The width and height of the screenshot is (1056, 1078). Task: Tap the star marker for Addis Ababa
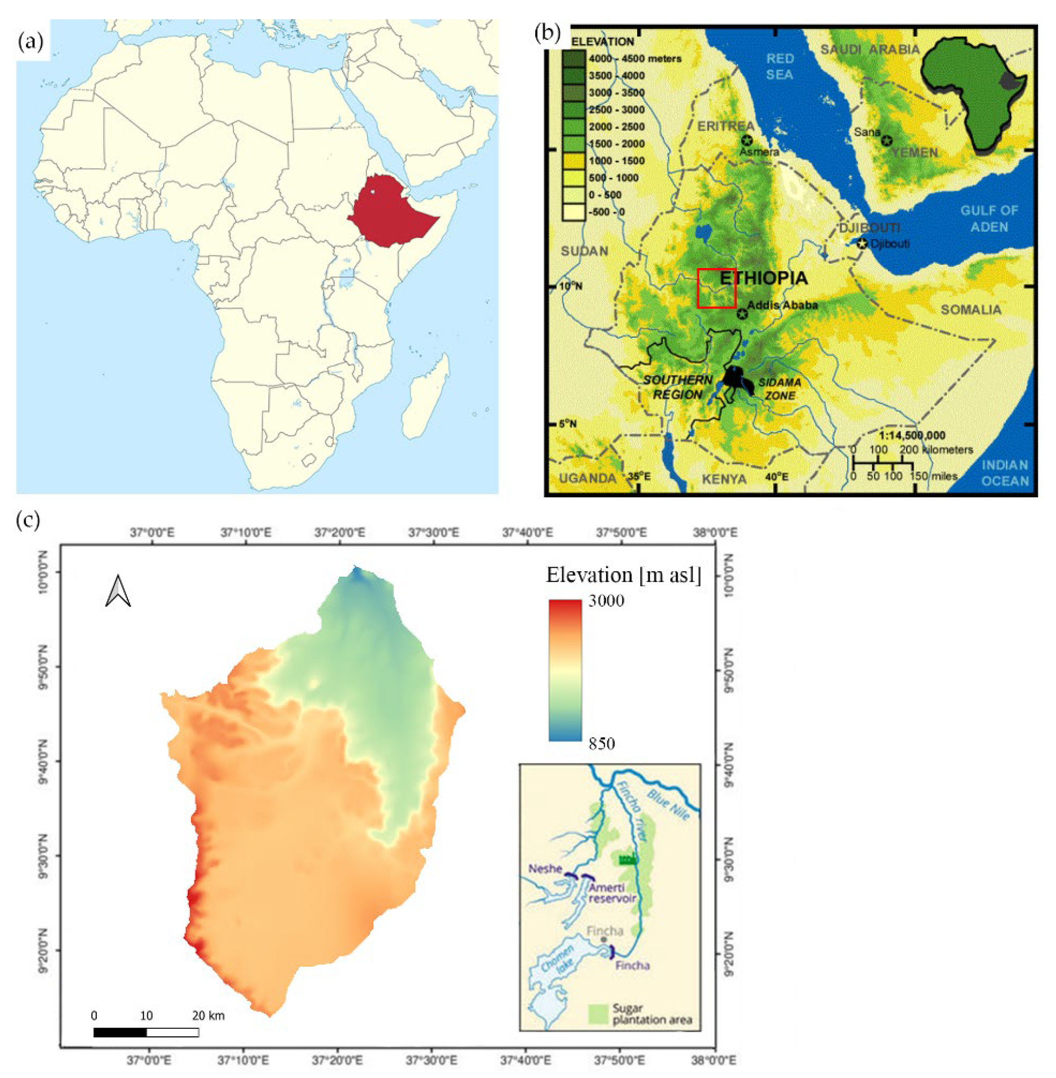point(742,314)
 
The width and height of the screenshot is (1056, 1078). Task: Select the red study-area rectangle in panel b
point(716,288)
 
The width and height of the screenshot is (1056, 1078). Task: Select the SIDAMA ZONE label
point(780,389)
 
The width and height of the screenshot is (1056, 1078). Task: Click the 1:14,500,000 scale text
point(912,435)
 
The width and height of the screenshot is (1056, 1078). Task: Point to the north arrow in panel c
point(118,591)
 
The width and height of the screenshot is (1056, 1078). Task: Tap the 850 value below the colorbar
point(601,743)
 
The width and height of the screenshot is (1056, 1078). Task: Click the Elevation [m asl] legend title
point(623,575)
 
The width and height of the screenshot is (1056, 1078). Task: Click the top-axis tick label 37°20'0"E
point(339,533)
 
